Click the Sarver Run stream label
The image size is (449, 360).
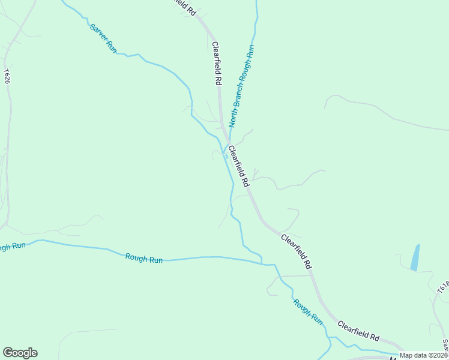click(x=103, y=38)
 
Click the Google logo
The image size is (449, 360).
click(x=20, y=353)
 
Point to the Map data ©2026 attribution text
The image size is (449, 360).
click(x=424, y=355)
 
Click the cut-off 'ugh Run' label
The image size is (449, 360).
click(x=12, y=247)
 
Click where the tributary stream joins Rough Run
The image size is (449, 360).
click(x=262, y=263)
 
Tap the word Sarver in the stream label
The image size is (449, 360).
click(x=98, y=32)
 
